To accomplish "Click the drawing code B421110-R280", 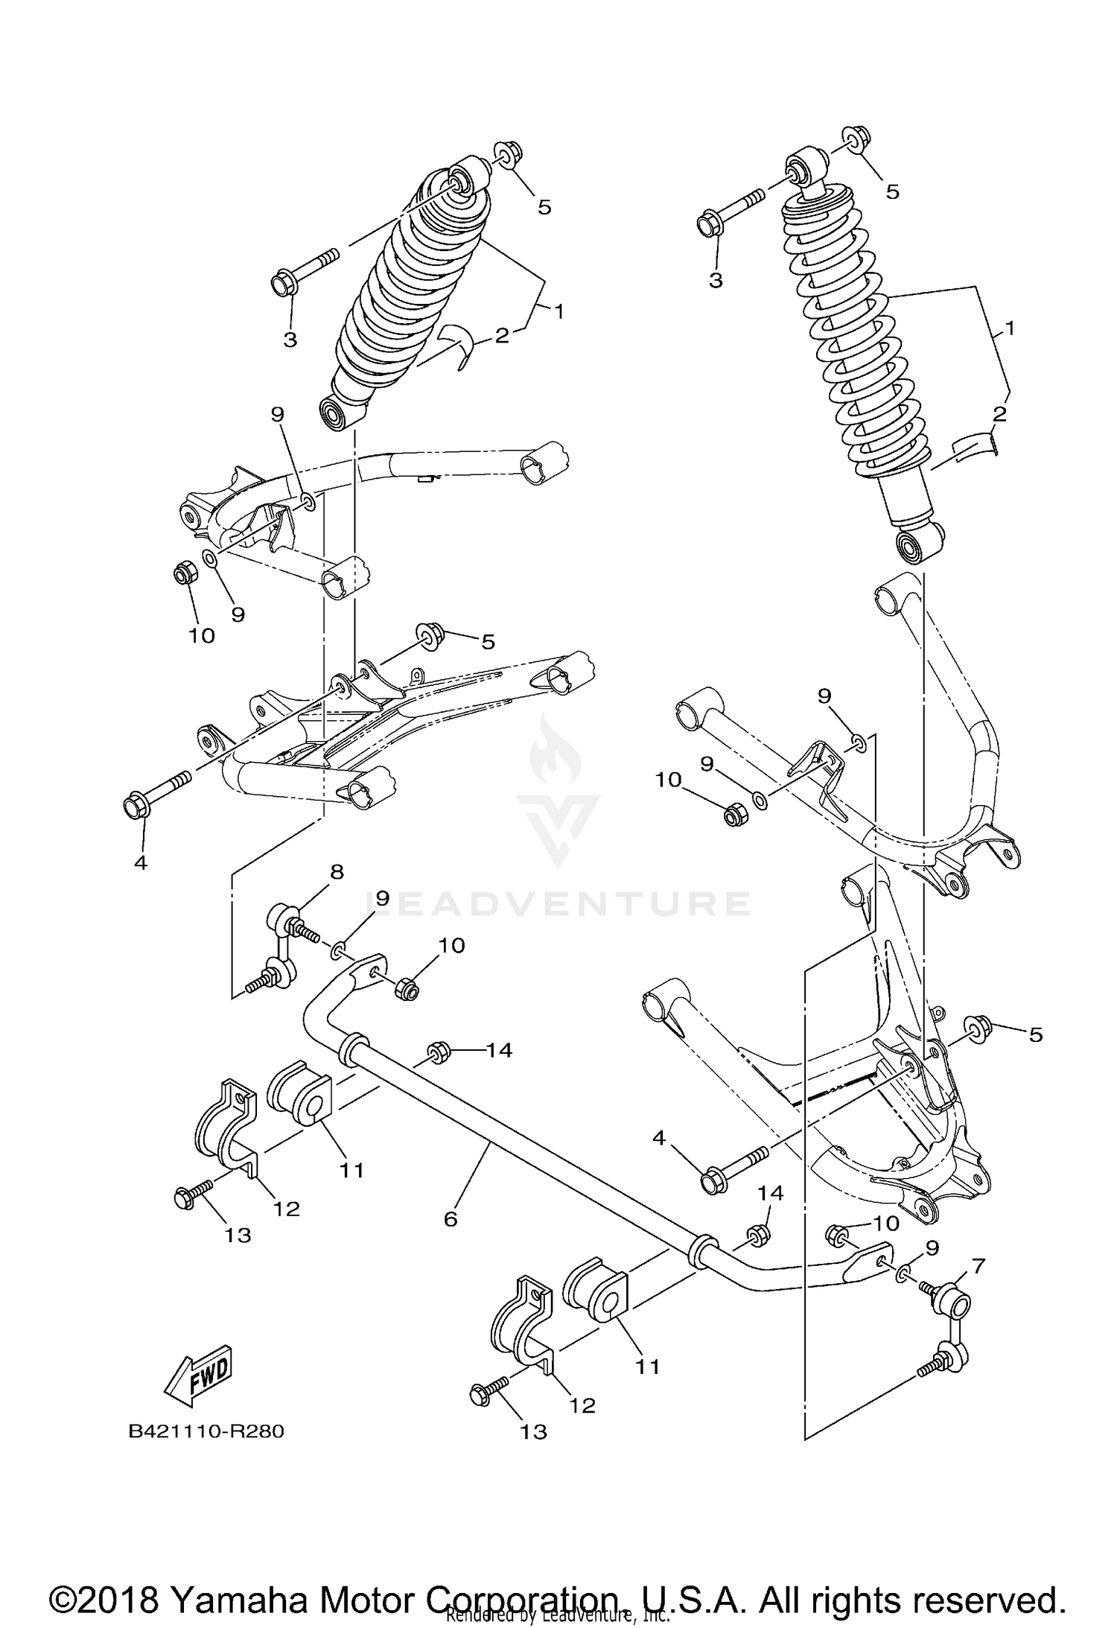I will pyautogui.click(x=207, y=1431).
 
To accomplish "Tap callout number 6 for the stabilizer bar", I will pyautogui.click(x=450, y=1219).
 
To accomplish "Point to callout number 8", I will pyautogui.click(x=337, y=871).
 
